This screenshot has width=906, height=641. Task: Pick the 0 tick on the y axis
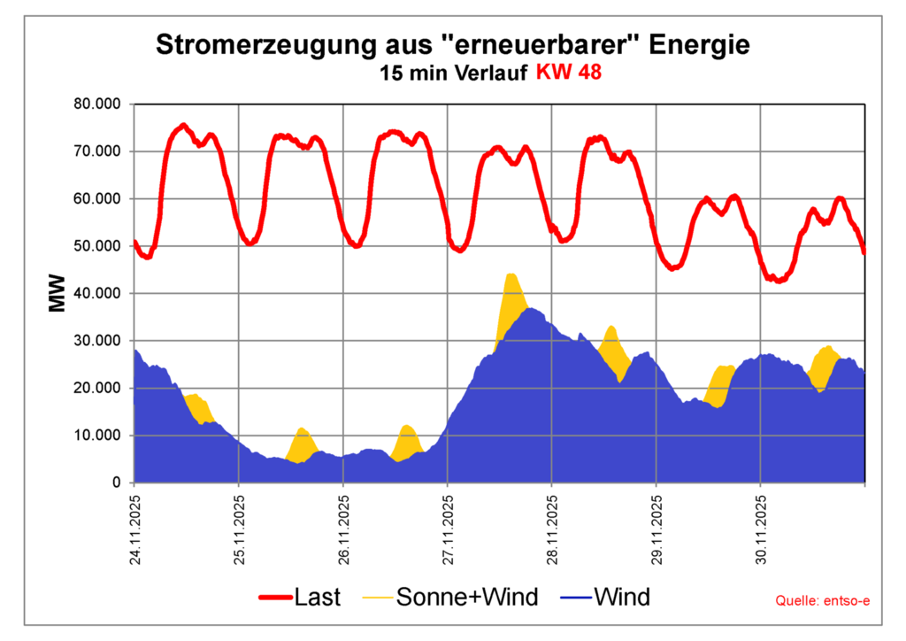pyautogui.click(x=115, y=483)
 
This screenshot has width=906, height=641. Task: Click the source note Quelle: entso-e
pyautogui.click(x=823, y=602)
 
